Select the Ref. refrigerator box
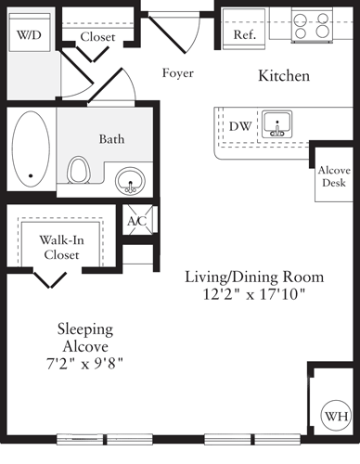244,33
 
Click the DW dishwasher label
239,125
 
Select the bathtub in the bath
32,147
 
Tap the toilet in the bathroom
79,169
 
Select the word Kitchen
283,75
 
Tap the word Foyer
177,73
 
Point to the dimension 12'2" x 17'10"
253,294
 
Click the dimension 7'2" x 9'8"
84,361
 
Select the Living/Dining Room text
253,277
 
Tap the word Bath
111,138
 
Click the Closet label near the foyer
97,36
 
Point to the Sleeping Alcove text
84,337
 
